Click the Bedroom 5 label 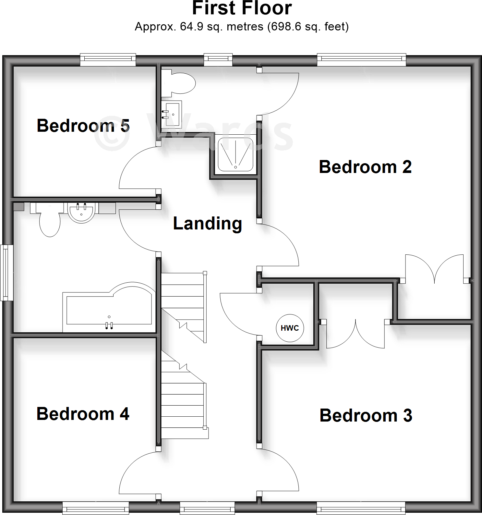tap(83, 126)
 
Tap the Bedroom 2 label tap(365, 167)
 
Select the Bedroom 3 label tap(366, 415)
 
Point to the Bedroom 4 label tap(83, 414)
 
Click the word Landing tap(208, 223)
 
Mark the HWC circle tap(290, 328)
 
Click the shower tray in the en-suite tap(235, 154)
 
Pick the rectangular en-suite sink tap(172, 114)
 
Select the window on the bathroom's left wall tap(6, 273)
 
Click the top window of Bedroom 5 tap(108, 59)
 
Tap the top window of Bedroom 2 tap(362, 59)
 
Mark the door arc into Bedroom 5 tap(133, 162)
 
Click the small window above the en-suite tap(218, 59)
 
